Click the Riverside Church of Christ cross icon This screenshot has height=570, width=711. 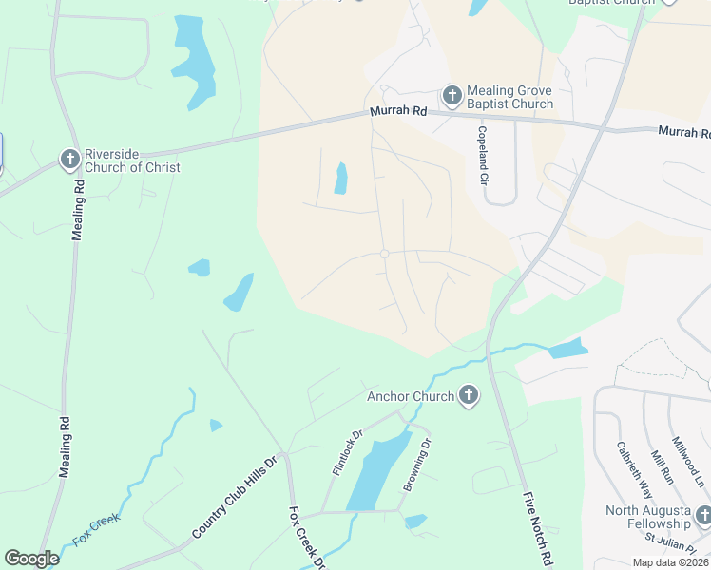[70, 160]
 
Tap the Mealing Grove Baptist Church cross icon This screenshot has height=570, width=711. [452, 96]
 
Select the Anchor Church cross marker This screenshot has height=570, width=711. [467, 396]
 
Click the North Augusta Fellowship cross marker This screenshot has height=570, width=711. [703, 516]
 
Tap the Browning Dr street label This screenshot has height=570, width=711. [417, 465]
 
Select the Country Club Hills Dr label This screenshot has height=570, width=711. [233, 499]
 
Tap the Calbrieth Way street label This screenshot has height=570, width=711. [633, 470]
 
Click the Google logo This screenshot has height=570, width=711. [32, 559]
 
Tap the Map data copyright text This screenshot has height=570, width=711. [670, 562]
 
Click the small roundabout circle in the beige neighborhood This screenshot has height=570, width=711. [384, 254]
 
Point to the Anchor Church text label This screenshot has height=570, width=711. [410, 396]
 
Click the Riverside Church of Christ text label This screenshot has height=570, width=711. [132, 160]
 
